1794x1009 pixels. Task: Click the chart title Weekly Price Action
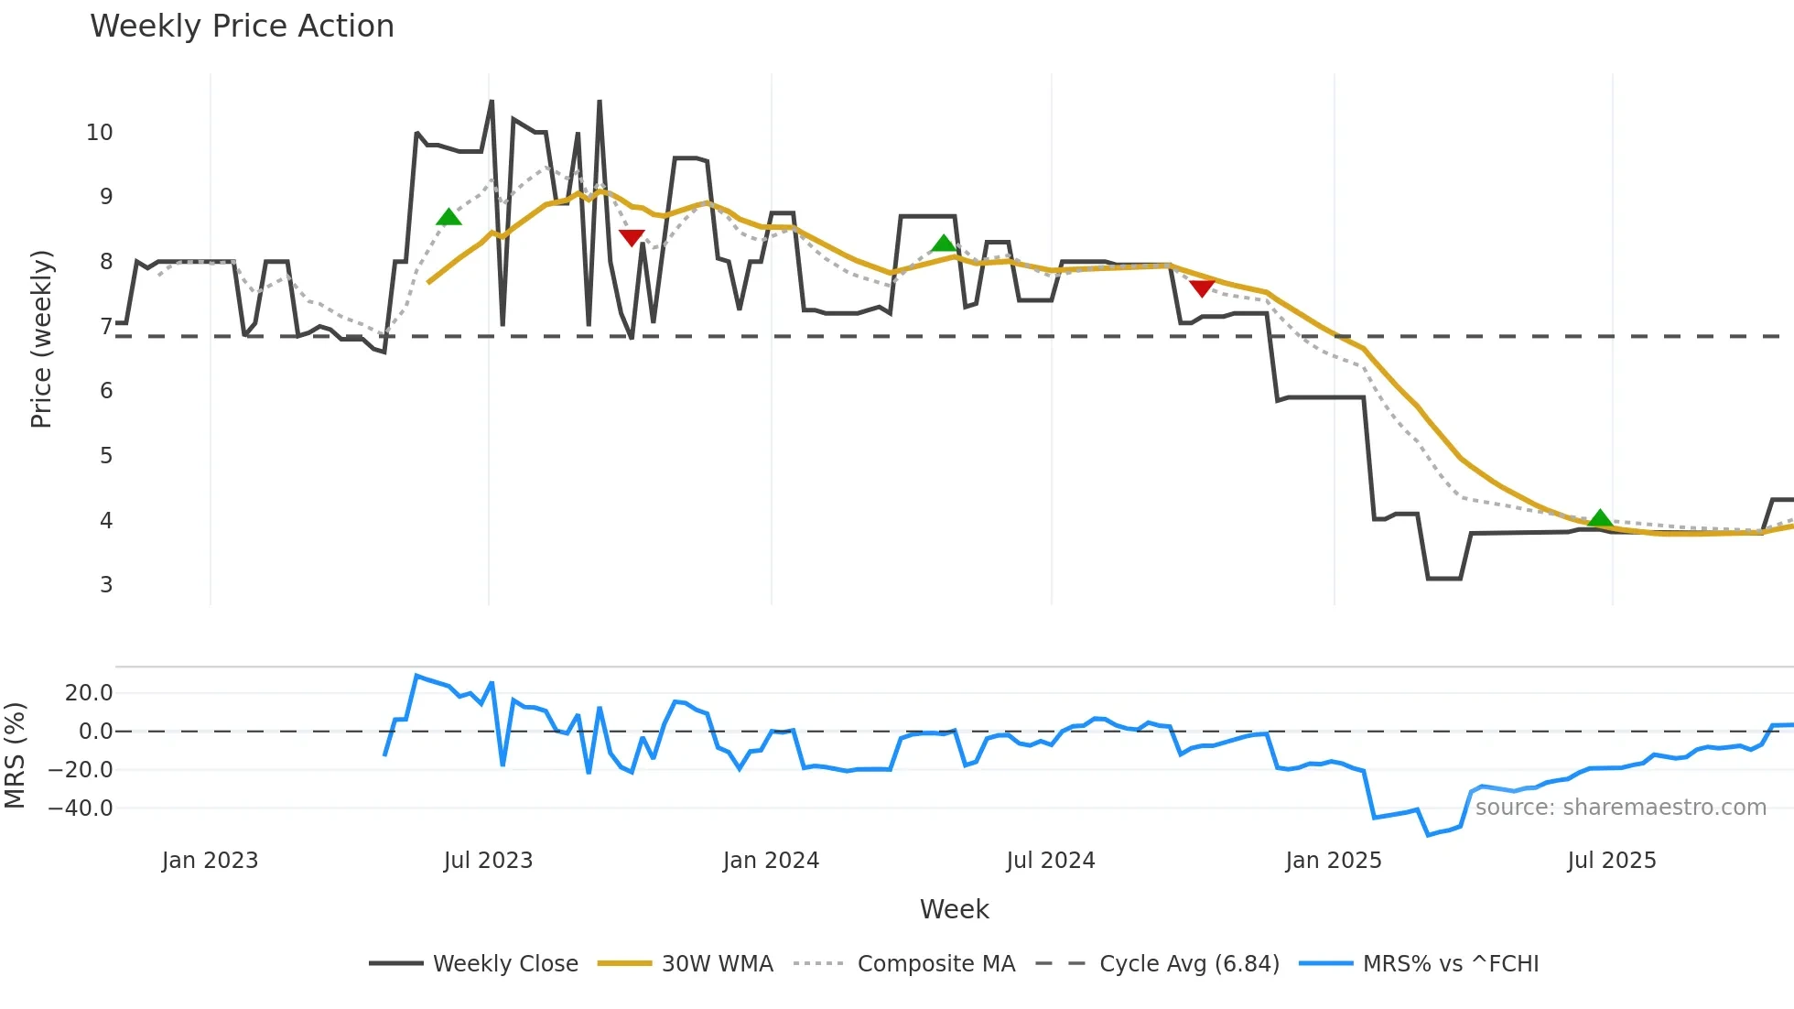tap(242, 27)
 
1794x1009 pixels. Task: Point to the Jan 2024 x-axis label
tap(771, 861)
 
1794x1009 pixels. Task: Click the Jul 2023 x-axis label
tap(488, 861)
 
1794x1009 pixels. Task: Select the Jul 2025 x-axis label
tap(1612, 861)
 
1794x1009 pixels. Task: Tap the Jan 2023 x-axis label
tap(210, 861)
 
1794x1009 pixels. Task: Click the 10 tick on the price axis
tap(100, 133)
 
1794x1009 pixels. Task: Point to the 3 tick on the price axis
tap(106, 585)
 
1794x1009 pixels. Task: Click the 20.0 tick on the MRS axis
tap(89, 693)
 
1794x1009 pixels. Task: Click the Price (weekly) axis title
tap(41, 339)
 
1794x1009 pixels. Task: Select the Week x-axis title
tap(954, 909)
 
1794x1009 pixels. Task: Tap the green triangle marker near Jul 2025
tap(1600, 519)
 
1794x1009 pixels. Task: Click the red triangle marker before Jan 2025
tap(1202, 288)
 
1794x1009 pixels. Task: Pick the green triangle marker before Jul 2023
tap(448, 217)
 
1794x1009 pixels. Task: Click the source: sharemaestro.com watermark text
tap(1620, 808)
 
